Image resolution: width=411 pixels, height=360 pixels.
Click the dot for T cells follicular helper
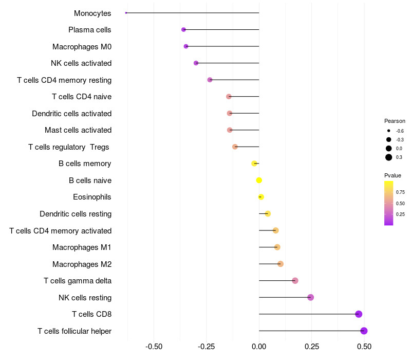coord(364,331)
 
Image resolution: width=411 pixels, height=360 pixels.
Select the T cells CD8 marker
coord(359,314)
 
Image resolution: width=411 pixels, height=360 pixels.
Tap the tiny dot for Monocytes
coord(126,13)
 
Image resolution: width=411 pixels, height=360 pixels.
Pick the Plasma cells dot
coord(183,30)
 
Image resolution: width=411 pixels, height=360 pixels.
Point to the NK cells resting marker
coord(310,297)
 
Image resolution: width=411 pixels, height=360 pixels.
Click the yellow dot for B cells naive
coord(259,180)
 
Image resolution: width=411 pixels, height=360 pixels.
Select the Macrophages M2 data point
coord(281,264)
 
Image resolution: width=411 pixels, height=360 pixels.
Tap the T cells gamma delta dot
coord(295,281)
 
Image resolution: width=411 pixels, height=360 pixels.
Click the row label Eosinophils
coord(92,197)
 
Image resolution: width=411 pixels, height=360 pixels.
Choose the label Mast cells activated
coord(78,130)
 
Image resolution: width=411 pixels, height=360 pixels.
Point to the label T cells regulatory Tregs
coord(69,147)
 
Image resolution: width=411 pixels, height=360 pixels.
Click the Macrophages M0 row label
coord(82,47)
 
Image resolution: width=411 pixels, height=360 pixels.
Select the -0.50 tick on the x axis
coord(154,347)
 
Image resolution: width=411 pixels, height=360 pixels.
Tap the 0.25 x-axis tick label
coord(311,347)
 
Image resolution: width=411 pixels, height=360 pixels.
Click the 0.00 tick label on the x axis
coord(259,347)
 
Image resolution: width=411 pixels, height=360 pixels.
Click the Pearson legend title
coord(395,121)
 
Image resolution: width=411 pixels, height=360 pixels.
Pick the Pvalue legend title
coord(393,175)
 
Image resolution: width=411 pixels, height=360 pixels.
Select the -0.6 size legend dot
coord(389,131)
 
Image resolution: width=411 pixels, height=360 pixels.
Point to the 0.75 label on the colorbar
coord(400,192)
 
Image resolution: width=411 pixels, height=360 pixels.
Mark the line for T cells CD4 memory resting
coord(234,80)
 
